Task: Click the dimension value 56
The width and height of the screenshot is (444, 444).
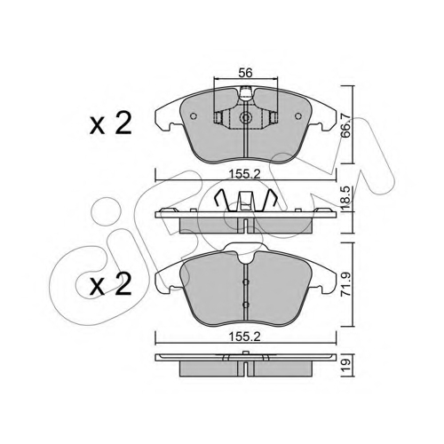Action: pos(246,73)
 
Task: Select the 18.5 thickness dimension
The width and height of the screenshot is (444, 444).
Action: pos(345,198)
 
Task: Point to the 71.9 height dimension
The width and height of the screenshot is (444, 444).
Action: pos(345,284)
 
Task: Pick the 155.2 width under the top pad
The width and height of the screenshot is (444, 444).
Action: pos(245,174)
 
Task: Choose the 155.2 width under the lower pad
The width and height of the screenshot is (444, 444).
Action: pos(245,337)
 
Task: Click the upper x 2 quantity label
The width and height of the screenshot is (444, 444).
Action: pos(111,124)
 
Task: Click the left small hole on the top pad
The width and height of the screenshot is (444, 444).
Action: pos(194,116)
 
